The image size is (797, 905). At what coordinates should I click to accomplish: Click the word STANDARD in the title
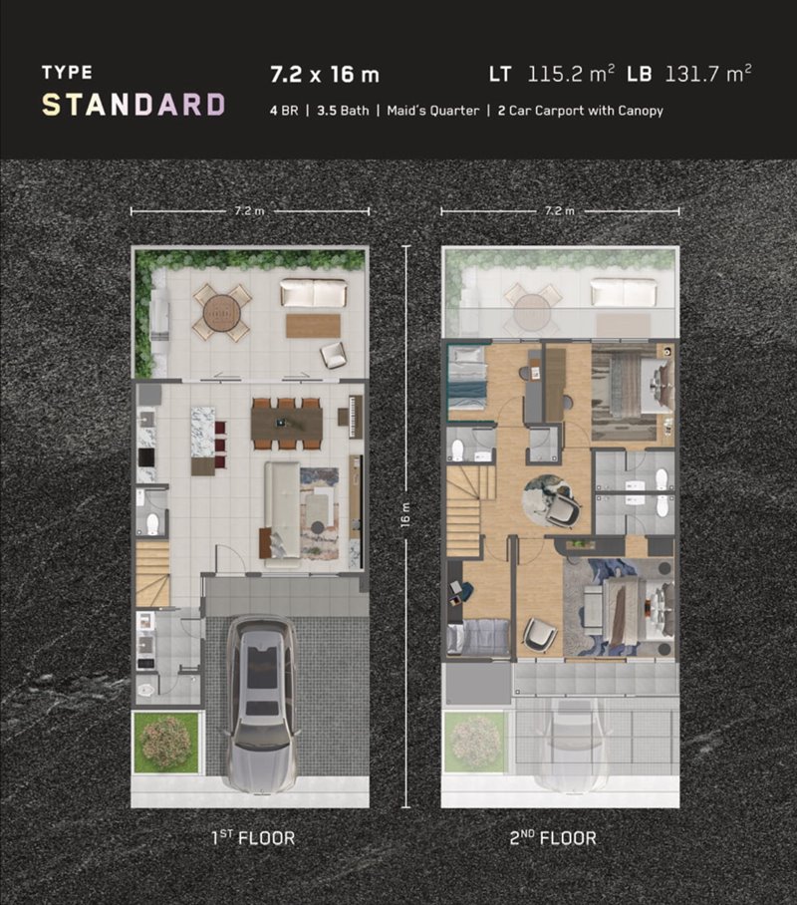point(133,105)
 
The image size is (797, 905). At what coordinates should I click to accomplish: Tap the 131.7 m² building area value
point(708,74)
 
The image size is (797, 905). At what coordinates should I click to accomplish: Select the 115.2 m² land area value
point(571,74)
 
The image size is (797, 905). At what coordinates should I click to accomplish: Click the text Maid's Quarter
point(432,111)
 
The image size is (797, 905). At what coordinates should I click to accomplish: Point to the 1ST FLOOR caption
point(253,837)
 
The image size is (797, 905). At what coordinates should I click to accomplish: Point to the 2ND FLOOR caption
point(552,837)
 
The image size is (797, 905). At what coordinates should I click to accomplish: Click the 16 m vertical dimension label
point(405,513)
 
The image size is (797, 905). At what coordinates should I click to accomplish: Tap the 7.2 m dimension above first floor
point(249,211)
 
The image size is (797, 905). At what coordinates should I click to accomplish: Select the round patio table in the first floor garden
point(221,312)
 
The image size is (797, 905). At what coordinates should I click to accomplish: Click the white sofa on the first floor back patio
point(314,293)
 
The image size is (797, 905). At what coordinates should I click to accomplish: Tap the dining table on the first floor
point(286,424)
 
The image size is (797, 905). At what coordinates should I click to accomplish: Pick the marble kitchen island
point(202,432)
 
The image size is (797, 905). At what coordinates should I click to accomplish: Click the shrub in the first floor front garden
point(166,742)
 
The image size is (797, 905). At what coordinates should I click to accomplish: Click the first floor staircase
point(152,573)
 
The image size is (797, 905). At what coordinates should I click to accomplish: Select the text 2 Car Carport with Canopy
point(580,111)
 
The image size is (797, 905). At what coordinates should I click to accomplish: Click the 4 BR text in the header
point(284,111)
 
